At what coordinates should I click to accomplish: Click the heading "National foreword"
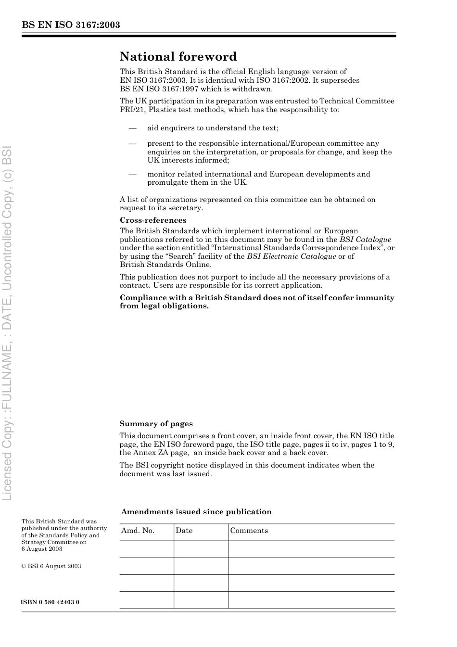click(x=178, y=57)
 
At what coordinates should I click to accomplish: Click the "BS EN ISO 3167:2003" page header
click(x=71, y=25)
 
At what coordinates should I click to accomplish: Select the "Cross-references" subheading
click(x=153, y=220)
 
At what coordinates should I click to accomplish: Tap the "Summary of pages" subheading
click(x=156, y=424)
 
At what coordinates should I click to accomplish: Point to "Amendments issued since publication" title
click(x=196, y=512)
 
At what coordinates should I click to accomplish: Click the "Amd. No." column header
click(x=138, y=531)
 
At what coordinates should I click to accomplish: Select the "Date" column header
click(x=184, y=531)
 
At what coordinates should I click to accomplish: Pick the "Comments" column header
click(x=249, y=531)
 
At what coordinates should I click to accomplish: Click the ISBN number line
click(x=51, y=602)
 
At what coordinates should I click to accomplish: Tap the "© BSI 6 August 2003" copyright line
click(x=51, y=566)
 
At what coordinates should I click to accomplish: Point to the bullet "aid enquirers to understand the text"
click(x=213, y=128)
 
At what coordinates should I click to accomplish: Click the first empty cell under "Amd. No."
click(x=146, y=549)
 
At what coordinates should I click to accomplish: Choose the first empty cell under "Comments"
click(x=311, y=549)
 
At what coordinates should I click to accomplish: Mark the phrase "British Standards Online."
click(x=165, y=265)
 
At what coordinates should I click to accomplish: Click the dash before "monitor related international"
click(x=132, y=174)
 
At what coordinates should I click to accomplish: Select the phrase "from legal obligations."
click(x=165, y=306)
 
